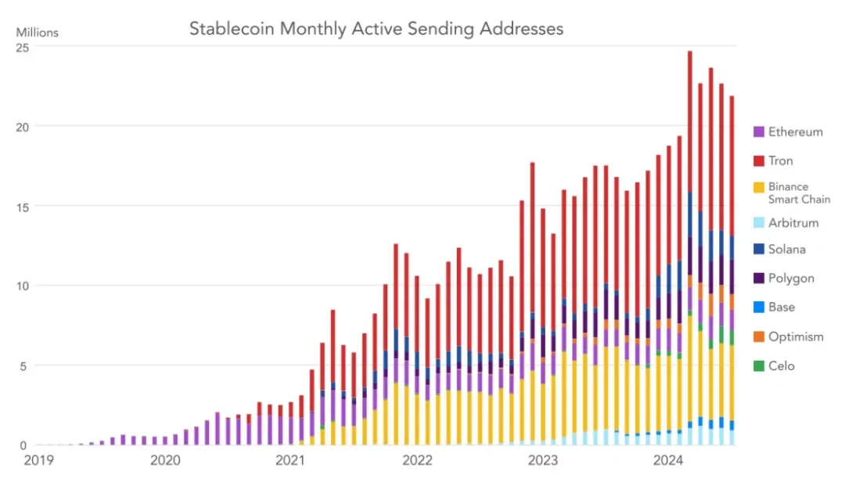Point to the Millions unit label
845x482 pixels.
[x=37, y=33]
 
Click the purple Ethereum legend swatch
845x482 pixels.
[x=759, y=131]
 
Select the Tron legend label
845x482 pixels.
[x=780, y=160]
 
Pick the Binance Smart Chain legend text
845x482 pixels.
[x=799, y=192]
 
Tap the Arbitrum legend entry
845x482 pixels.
[x=793, y=223]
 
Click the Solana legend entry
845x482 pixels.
[x=786, y=250]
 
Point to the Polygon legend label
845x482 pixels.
[x=791, y=279]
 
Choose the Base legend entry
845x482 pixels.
[x=781, y=308]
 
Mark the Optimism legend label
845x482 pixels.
[x=796, y=336]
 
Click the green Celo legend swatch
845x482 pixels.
[x=759, y=365]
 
